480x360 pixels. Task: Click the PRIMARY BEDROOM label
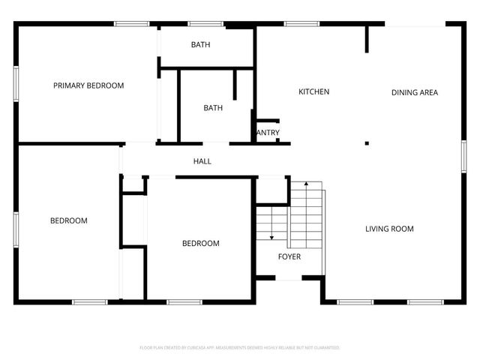pos(88,85)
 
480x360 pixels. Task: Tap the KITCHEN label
pos(314,92)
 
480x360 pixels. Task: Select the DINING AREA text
pos(415,93)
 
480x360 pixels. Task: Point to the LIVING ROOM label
pos(389,229)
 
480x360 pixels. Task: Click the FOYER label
pos(289,256)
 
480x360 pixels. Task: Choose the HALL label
pos(202,161)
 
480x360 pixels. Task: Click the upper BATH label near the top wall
pos(200,45)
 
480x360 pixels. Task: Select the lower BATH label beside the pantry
pos(213,108)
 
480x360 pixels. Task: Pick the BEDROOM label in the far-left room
pos(69,220)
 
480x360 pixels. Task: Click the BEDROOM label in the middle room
pos(201,243)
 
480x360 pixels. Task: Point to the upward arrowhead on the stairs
pos(306,184)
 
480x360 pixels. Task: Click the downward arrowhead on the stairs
pos(271,238)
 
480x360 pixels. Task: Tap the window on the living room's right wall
pos(463,157)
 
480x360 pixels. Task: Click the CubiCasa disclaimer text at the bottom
pos(240,348)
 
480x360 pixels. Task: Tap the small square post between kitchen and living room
pos(367,142)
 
